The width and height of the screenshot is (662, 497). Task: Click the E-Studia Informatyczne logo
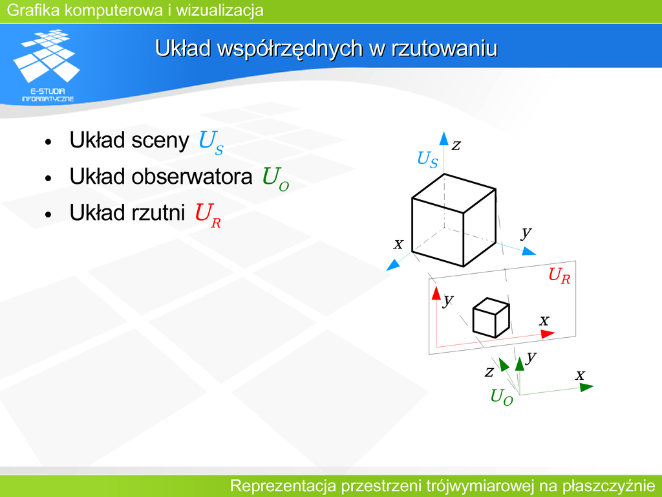click(47, 65)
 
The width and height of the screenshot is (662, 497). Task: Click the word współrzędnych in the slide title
click(290, 49)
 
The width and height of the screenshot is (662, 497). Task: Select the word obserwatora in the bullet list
click(192, 176)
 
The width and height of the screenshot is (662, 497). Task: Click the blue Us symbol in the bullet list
click(211, 142)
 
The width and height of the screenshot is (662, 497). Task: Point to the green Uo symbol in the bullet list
click(275, 179)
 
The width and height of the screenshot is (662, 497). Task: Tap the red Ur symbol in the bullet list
click(208, 215)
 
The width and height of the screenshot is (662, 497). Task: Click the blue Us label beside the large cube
click(428, 160)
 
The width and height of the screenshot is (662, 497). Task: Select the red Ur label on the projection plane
click(559, 276)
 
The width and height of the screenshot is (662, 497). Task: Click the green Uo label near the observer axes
click(502, 397)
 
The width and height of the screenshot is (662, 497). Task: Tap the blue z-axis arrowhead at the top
click(443, 138)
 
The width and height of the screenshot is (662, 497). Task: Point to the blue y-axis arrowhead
click(529, 251)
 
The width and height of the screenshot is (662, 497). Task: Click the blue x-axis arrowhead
click(392, 265)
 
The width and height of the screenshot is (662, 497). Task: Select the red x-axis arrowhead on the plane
click(548, 334)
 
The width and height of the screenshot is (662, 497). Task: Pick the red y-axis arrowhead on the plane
click(436, 293)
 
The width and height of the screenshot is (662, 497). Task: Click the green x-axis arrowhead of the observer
click(587, 387)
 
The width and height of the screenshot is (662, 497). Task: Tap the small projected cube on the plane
click(491, 318)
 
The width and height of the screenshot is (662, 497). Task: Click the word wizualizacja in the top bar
click(220, 10)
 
